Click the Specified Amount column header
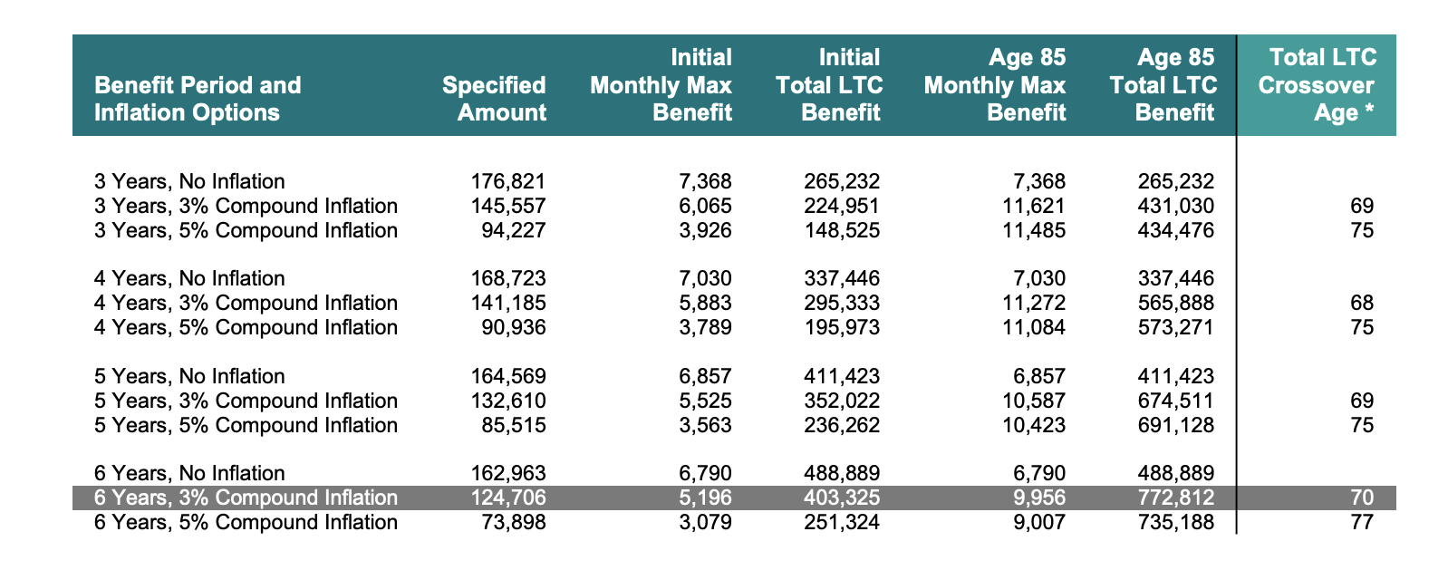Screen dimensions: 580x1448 click(494, 99)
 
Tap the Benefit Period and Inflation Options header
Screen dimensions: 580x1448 click(198, 99)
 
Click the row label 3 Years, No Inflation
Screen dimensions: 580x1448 click(189, 181)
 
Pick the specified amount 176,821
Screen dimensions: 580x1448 click(508, 181)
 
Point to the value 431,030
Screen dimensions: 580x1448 click(1175, 206)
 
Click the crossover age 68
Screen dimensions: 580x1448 click(1361, 303)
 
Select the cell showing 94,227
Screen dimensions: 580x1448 click(514, 230)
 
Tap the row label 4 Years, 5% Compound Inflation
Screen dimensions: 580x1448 click(246, 327)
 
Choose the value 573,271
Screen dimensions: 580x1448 click(1175, 327)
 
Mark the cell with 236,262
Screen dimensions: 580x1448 click(842, 425)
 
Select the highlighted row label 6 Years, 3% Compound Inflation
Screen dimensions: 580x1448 click(246, 498)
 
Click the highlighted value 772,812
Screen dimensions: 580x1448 click(1175, 498)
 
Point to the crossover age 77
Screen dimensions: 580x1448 click(1361, 522)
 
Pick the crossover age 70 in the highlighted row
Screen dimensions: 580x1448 click(1361, 498)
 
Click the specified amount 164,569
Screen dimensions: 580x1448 click(508, 376)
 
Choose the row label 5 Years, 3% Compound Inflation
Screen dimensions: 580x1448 click(246, 401)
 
